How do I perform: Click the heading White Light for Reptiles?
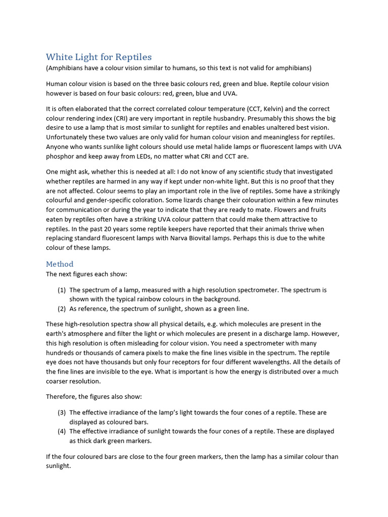99,57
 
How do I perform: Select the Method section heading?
60,264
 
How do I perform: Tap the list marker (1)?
62,290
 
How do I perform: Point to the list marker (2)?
62,308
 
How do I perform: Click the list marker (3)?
62,412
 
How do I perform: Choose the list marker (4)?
62,431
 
